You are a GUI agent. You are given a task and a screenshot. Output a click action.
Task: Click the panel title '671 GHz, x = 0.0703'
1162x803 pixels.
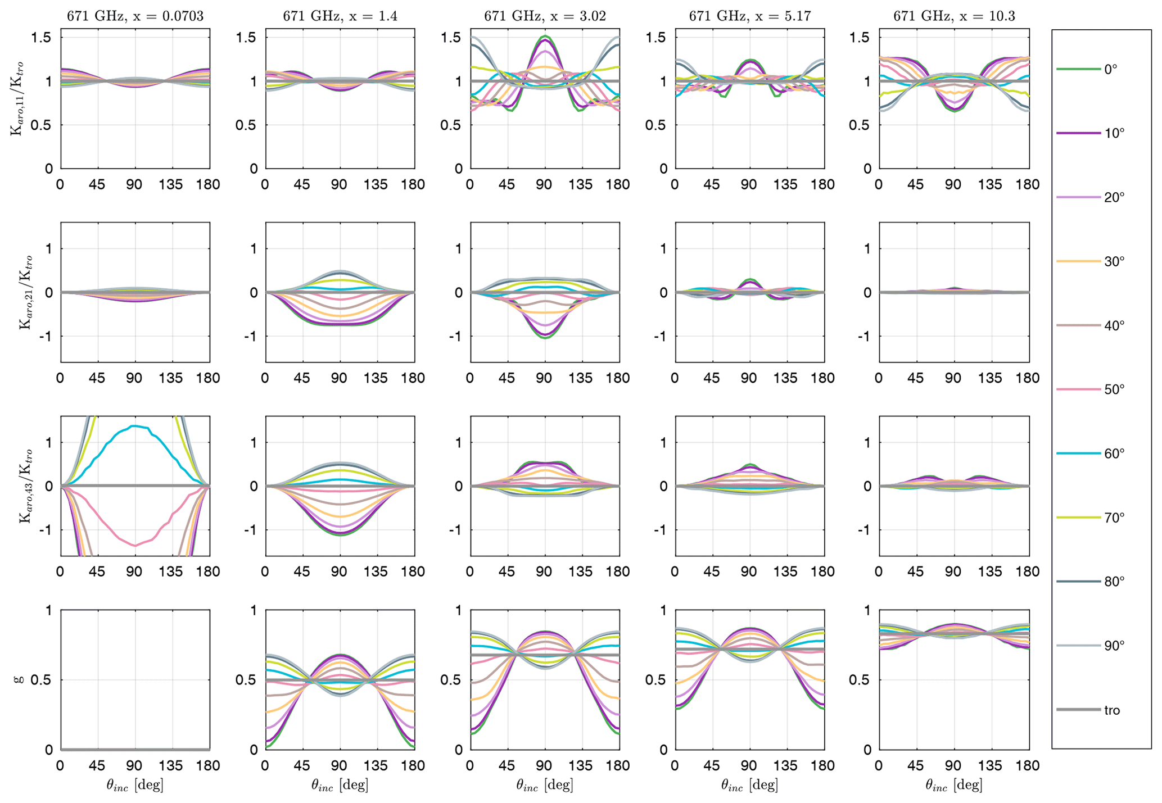coord(135,16)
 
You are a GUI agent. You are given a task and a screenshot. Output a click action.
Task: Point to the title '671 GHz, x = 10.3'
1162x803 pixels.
coord(954,16)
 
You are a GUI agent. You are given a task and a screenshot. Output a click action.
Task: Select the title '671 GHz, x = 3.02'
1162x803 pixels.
coord(545,16)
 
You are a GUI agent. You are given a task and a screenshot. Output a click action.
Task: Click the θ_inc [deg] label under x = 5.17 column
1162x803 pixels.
coord(749,785)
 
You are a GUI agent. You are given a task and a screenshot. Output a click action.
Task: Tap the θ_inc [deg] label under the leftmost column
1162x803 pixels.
coord(135,785)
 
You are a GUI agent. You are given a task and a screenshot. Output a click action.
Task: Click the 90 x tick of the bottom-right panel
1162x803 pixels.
coord(953,765)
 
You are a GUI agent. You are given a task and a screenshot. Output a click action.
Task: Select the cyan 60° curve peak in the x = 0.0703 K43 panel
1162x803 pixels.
coord(135,426)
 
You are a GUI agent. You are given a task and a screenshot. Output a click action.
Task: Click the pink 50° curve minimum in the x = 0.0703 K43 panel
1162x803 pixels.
coord(135,545)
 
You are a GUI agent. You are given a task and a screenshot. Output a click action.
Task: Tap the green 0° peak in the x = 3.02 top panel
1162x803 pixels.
coord(544,36)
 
